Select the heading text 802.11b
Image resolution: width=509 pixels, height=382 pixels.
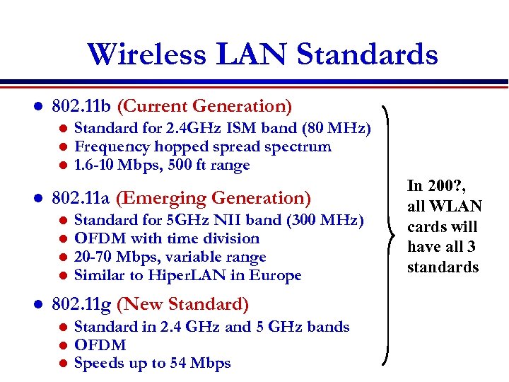click(x=82, y=107)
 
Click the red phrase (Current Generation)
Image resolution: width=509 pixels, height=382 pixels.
click(x=204, y=107)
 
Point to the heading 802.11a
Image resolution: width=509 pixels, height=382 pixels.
click(x=81, y=198)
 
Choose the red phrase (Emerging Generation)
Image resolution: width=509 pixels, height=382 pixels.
click(x=213, y=198)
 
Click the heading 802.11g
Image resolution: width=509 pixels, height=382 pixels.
click(x=82, y=305)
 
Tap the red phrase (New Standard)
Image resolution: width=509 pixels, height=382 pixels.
click(x=182, y=305)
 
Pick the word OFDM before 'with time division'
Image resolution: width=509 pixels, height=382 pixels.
click(x=96, y=238)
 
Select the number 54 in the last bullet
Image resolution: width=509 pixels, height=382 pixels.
click(x=180, y=364)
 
